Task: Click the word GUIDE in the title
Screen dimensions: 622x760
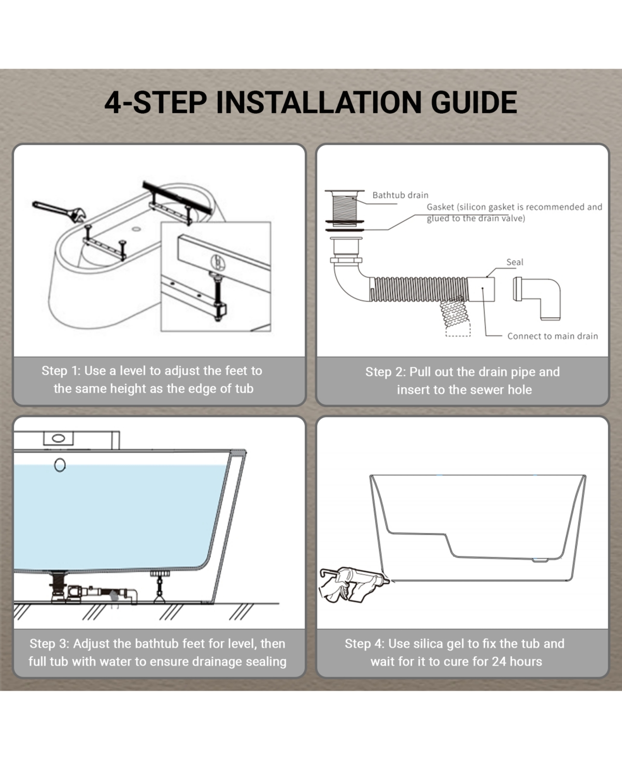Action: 474,102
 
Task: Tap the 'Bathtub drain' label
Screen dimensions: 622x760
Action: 400,195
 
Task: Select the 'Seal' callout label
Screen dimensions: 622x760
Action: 515,262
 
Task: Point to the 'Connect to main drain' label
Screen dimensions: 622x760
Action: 553,336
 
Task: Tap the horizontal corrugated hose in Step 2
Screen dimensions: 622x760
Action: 419,289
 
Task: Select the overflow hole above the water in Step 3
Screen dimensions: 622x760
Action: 60,465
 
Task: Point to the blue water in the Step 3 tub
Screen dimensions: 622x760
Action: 115,517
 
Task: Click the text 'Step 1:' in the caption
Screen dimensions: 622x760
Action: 61,371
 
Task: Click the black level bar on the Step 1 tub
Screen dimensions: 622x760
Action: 177,197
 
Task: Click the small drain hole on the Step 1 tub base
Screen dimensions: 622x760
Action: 136,229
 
